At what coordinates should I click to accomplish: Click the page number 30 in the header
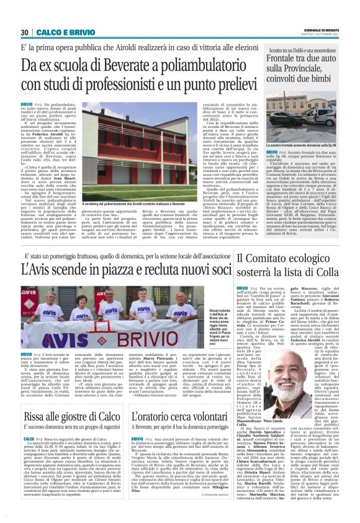25,32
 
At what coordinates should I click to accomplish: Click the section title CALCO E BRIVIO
58,32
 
